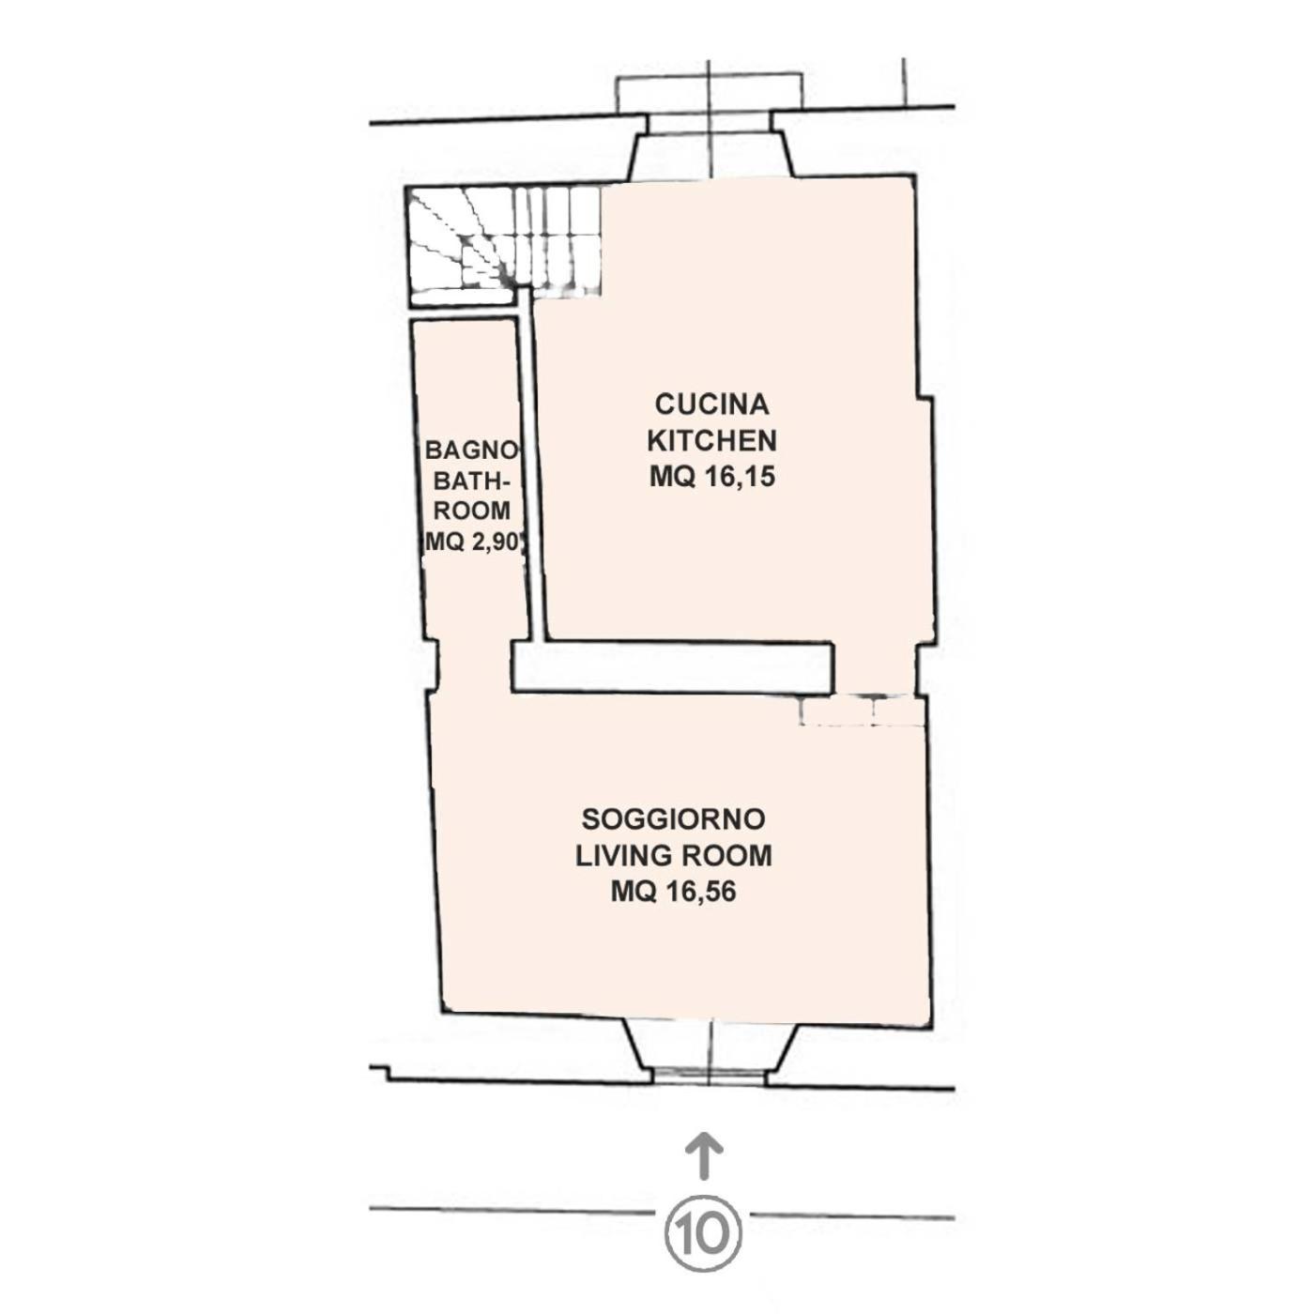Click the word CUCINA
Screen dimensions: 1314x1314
(x=711, y=405)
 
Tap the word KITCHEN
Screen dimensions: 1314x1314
(x=711, y=440)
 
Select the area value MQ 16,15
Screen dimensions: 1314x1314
(x=711, y=478)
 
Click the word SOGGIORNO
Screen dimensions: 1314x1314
(x=674, y=819)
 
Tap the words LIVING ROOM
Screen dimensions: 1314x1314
(x=674, y=856)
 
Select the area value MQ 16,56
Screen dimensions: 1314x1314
(x=674, y=892)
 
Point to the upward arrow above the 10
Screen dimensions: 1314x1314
(x=705, y=1154)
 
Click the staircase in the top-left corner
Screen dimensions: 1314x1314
(x=505, y=243)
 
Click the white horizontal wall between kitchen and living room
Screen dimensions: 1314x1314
(x=673, y=668)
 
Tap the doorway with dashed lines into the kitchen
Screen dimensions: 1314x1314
(x=862, y=710)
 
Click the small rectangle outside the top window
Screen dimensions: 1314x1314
(x=710, y=94)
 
